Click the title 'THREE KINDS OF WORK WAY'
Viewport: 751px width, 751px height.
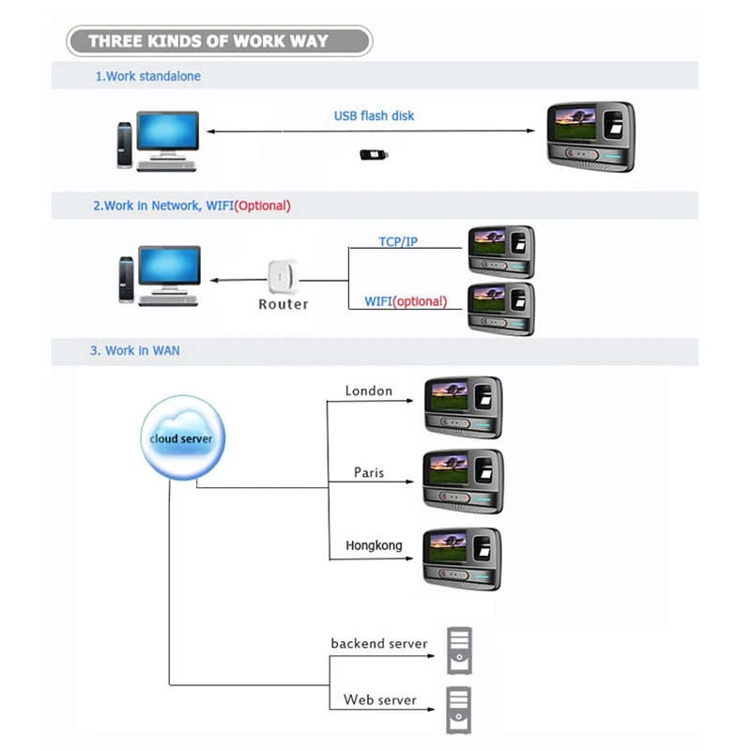pyautogui.click(x=208, y=41)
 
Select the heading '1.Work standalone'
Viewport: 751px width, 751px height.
pyautogui.click(x=148, y=76)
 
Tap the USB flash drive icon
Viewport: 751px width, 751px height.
pyautogui.click(x=374, y=154)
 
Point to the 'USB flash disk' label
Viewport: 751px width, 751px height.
pyautogui.click(x=374, y=115)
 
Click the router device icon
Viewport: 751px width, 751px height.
pyautogui.click(x=283, y=276)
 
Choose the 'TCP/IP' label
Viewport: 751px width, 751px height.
pyautogui.click(x=398, y=242)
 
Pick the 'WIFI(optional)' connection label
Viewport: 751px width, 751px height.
pyautogui.click(x=406, y=301)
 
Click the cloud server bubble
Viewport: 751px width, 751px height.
pyautogui.click(x=183, y=437)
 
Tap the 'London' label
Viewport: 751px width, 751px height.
pyautogui.click(x=369, y=391)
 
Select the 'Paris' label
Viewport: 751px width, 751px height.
pyautogui.click(x=369, y=473)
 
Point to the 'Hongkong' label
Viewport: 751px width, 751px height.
pyautogui.click(x=374, y=545)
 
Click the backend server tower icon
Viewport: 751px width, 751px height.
pyautogui.click(x=459, y=651)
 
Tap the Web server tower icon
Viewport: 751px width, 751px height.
pyautogui.click(x=459, y=711)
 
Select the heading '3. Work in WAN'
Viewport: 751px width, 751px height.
pyautogui.click(x=135, y=350)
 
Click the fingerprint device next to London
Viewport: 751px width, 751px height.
pyautogui.click(x=464, y=407)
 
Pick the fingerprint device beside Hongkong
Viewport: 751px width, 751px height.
pyautogui.click(x=462, y=559)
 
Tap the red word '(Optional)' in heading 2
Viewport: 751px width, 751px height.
pyautogui.click(x=263, y=206)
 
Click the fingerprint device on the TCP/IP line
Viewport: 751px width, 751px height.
pyautogui.click(x=501, y=252)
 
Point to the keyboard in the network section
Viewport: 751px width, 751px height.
pyautogui.click(x=168, y=300)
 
